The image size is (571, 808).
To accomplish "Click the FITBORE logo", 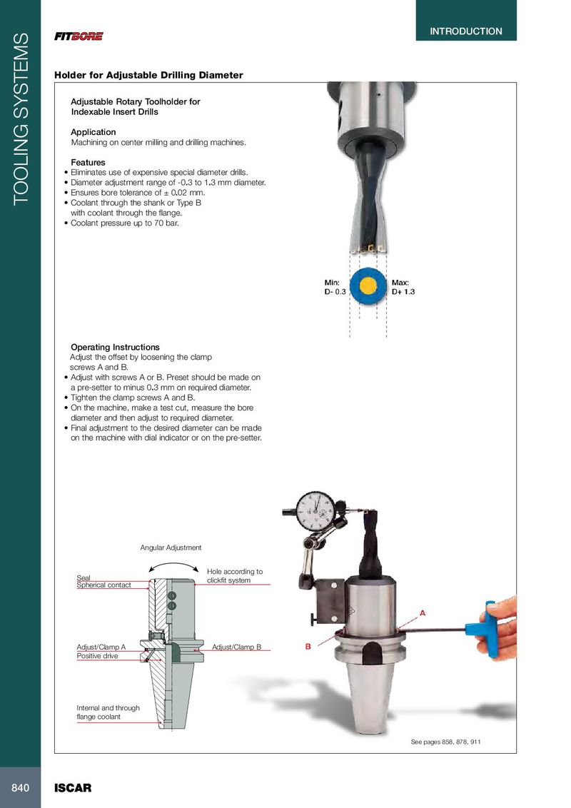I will point(79,36).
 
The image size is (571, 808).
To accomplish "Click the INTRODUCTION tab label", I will point(465,31).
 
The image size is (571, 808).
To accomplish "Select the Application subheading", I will point(93,132).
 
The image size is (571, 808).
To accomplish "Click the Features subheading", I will point(88,163).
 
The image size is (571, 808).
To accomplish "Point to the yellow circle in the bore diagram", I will point(368,287).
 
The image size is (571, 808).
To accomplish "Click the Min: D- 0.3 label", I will point(335,288).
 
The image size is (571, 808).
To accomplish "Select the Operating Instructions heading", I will point(115,348).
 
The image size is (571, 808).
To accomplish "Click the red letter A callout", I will point(423,612).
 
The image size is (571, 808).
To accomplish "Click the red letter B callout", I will point(309,647).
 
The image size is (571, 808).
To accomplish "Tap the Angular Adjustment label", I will point(171,547).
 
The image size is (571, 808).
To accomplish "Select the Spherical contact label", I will point(103,585).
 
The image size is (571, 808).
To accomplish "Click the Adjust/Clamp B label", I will point(237,647).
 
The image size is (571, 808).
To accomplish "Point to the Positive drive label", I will point(97,655).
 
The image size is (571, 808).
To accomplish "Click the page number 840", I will point(19,788).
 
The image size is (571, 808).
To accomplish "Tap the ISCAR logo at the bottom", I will point(74,789).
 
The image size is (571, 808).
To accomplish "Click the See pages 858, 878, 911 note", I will point(446,742).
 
